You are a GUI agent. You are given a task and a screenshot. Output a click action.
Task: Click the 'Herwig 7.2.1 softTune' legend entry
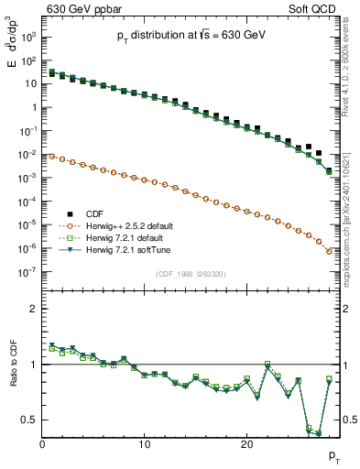pyautogui.click(x=132, y=249)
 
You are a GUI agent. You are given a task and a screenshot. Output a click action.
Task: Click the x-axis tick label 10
pyautogui.click(x=144, y=444)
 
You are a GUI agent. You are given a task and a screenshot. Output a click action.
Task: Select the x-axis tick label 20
pyautogui.click(x=246, y=444)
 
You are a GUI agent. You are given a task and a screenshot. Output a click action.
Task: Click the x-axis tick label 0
pyautogui.click(x=42, y=444)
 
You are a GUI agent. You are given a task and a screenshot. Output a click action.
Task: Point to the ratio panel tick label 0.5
pyautogui.click(x=28, y=420)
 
